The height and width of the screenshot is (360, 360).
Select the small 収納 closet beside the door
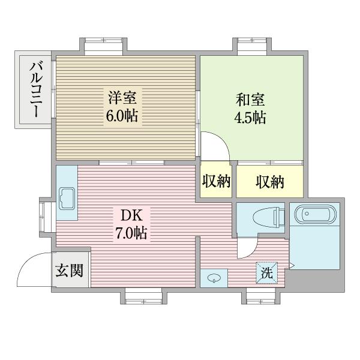point(216,181)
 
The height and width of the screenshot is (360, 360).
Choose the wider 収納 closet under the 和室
point(269,181)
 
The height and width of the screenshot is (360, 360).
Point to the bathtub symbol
point(314,214)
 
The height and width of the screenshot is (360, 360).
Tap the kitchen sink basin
point(66,196)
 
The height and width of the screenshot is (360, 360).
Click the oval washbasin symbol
point(214,277)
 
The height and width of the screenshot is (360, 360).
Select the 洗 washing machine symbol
point(266,272)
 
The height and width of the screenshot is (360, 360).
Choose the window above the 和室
point(254,46)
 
